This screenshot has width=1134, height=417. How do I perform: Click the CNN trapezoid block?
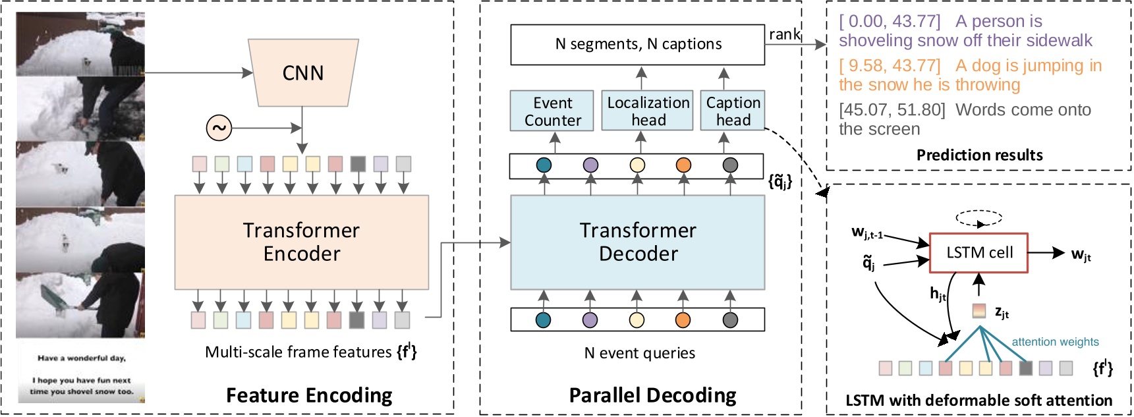coord(303,72)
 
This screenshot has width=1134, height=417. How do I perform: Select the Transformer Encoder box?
coord(302,242)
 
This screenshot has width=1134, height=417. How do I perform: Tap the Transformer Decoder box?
coord(638,242)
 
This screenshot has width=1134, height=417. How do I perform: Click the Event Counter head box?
coord(552,111)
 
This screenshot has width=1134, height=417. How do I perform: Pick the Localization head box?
coord(648,111)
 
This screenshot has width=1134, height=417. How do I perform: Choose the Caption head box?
coord(733,111)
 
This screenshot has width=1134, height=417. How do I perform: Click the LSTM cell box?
coord(978,252)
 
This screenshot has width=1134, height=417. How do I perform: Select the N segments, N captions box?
coord(637,44)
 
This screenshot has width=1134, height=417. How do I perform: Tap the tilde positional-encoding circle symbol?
coord(219,128)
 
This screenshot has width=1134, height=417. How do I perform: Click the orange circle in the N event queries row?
coord(683,320)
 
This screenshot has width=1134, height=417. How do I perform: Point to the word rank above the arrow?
coord(784,34)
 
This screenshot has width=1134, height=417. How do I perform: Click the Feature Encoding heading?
coord(309,395)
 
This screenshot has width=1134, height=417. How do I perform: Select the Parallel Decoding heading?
coord(652,395)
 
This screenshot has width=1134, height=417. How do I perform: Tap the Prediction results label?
coord(979,155)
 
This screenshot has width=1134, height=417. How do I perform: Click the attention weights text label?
coord(1055,342)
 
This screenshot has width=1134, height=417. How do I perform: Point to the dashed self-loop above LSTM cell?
coord(978,218)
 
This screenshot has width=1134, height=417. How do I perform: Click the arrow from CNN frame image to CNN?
coord(198,72)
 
